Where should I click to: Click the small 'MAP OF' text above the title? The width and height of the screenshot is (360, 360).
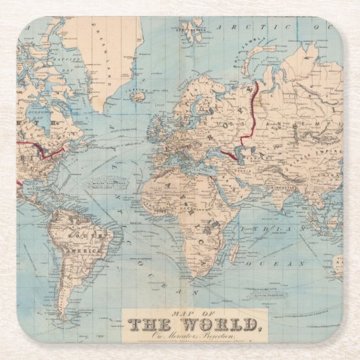168,313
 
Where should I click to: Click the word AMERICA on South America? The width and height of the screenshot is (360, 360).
92,251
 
